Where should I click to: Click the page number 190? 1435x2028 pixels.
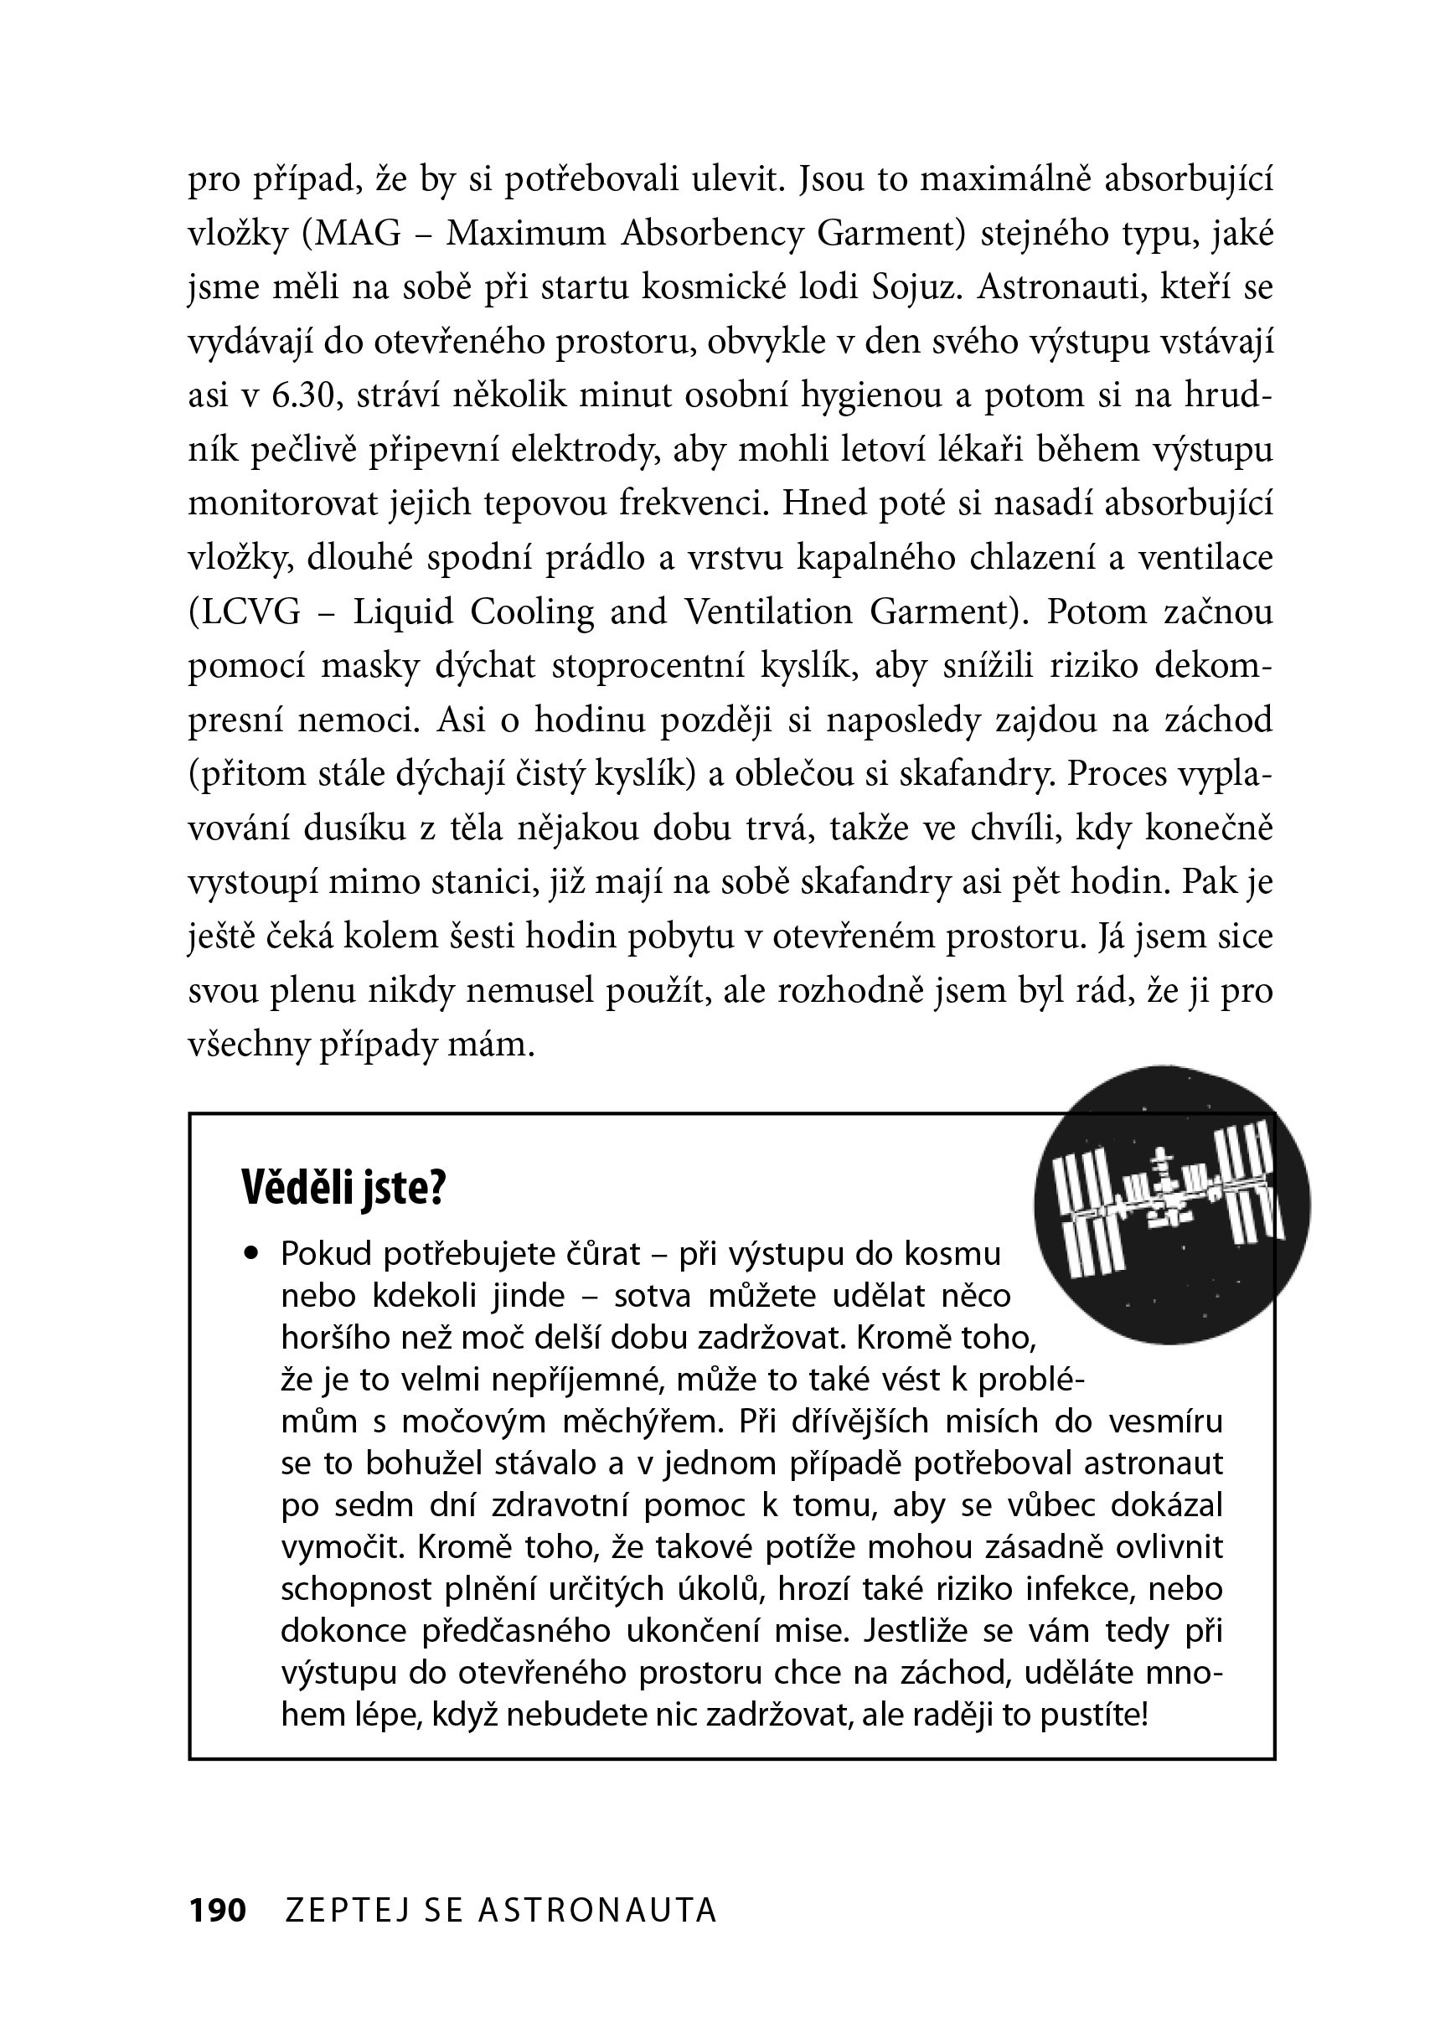coord(217,1911)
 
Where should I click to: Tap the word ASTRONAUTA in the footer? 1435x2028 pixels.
coord(597,1911)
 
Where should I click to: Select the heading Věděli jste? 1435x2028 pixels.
coord(343,1189)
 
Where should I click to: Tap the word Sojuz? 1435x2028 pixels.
coord(916,287)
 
